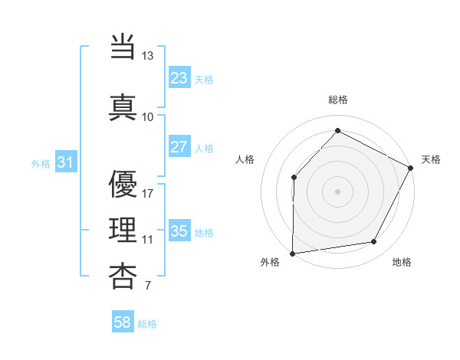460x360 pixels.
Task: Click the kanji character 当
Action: pos(123,47)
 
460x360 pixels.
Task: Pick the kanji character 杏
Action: pos(123,277)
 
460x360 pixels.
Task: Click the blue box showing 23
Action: pos(179,78)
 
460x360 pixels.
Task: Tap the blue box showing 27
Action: pos(179,148)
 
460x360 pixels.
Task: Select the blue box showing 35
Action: pos(179,231)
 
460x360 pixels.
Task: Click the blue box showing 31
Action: pos(65,162)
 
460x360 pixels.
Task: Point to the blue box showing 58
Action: pos(123,322)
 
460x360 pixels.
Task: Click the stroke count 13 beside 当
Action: pos(147,57)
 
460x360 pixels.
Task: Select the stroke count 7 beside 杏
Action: pos(147,286)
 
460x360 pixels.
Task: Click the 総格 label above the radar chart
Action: pos(337,100)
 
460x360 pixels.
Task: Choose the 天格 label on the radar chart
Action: pos(431,159)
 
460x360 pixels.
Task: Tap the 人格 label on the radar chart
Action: pos(245,159)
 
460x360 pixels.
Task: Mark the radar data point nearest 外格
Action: pos(292,253)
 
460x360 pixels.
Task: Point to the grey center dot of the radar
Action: pos(337,191)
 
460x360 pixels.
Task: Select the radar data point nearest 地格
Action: pos(374,242)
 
